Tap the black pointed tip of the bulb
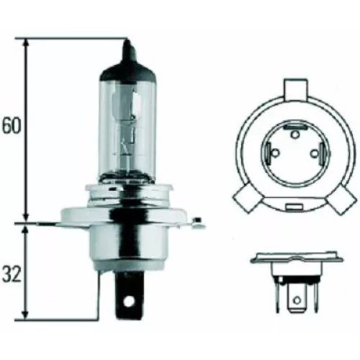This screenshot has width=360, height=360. (x=128, y=54)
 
